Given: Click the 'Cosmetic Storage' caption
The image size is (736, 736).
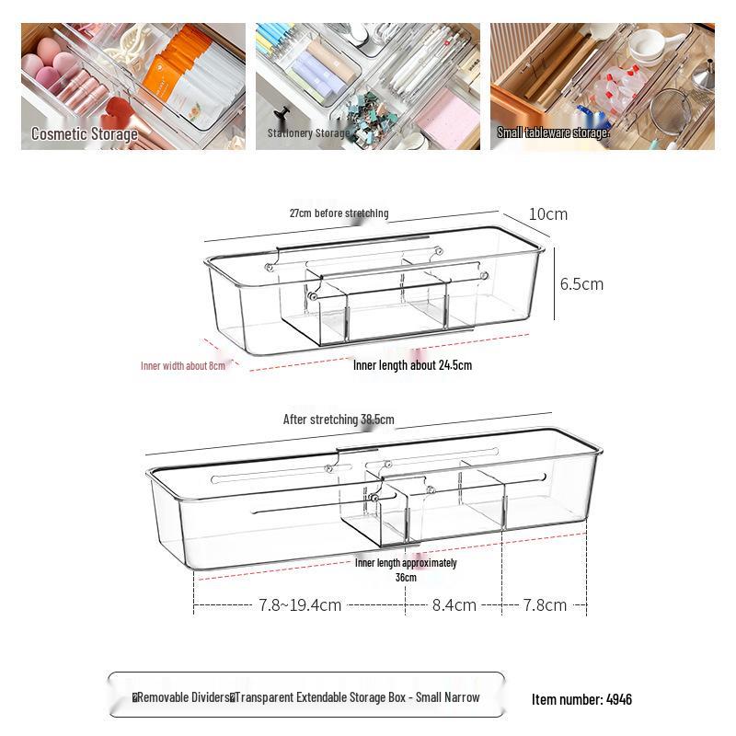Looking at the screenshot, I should [x=85, y=134].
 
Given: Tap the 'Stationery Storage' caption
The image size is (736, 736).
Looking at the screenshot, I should [x=308, y=133].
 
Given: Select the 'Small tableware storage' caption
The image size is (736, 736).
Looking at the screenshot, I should [x=553, y=132].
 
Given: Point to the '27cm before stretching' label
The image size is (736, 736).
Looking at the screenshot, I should [x=339, y=213].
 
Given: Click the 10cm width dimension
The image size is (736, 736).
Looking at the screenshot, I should [x=548, y=214].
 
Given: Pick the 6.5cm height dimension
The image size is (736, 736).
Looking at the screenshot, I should [x=581, y=283].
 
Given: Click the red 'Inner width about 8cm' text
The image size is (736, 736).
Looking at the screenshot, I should [x=182, y=366].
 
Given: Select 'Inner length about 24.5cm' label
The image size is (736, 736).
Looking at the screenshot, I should [x=412, y=365].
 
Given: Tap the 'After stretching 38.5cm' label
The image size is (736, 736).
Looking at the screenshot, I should [x=339, y=420].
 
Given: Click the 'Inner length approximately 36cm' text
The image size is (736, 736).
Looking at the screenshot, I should [x=406, y=569].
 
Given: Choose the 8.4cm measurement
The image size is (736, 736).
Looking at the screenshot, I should [x=454, y=605].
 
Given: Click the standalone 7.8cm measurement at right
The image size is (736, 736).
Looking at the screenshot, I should [x=545, y=605].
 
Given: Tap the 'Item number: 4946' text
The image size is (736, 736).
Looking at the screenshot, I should [x=581, y=699].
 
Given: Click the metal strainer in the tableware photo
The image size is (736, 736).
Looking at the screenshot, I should [x=678, y=110].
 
